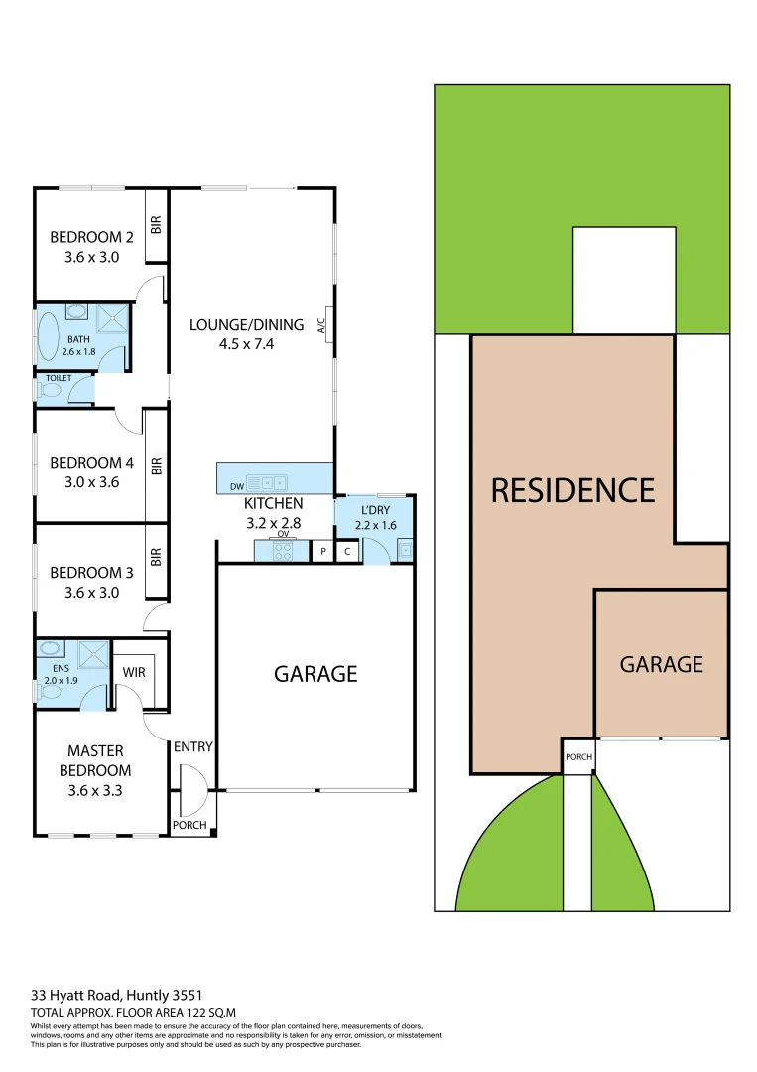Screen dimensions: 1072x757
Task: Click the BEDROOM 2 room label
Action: [x=91, y=237]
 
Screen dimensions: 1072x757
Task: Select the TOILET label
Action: [x=58, y=378]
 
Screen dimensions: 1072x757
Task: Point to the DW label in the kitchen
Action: [x=236, y=486]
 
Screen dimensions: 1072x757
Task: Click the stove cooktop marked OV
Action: [x=283, y=551]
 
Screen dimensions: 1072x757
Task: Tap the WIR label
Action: [x=134, y=672]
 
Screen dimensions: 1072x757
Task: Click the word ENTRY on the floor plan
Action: [x=193, y=747]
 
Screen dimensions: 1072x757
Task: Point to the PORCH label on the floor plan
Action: [x=189, y=825]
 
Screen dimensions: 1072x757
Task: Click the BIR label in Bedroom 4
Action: [x=156, y=466]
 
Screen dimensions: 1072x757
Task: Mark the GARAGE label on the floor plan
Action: [x=315, y=674]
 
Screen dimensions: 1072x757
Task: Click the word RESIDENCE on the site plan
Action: [x=572, y=490]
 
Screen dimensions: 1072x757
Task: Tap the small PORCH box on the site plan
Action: [x=578, y=756]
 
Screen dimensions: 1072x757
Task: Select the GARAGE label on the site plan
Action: [x=661, y=664]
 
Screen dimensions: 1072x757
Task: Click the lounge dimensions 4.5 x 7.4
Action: [x=232, y=345]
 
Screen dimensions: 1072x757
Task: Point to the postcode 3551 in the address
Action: [x=190, y=993]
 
